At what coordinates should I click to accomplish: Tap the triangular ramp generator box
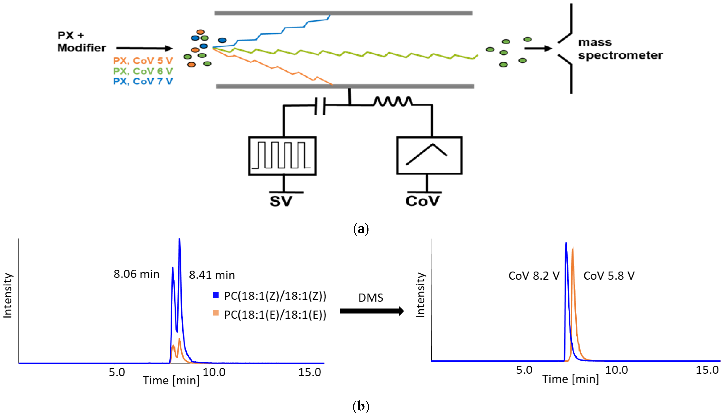pos(429,155)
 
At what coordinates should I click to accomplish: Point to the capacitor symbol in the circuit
pos(320,106)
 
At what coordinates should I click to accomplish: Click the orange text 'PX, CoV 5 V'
pos(143,61)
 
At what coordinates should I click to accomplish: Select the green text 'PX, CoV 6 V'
pos(143,71)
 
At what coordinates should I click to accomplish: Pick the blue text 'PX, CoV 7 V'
pos(143,81)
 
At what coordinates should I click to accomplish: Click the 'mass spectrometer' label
pos(620,49)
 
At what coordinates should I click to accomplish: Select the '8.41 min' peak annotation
pos(212,275)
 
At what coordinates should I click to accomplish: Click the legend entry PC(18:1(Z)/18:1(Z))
pos(275,296)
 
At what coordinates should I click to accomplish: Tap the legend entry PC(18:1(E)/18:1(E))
pos(275,315)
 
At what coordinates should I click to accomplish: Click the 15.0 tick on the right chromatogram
pos(707,370)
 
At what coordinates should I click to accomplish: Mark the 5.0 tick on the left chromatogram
pos(117,372)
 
